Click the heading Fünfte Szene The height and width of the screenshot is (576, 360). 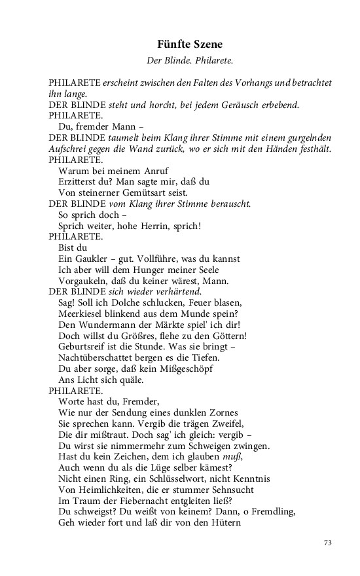[190, 45]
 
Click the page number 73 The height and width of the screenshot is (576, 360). [329, 543]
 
